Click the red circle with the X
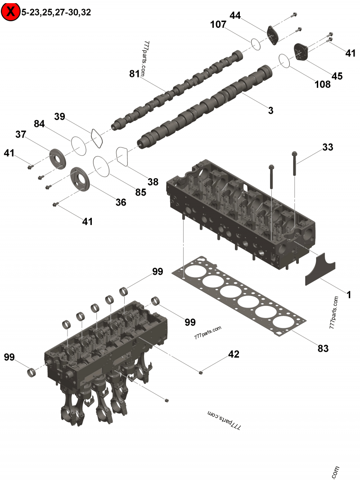10,12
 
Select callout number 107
218,25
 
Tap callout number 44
235,15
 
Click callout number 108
322,84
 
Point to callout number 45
337,76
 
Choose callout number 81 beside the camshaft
135,74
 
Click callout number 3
270,110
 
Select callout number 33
328,147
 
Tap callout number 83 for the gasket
323,348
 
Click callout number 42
234,354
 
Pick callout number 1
348,295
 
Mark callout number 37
21,134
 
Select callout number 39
60,117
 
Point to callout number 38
153,182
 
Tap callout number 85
141,192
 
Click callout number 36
121,202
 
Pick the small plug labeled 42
201,372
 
